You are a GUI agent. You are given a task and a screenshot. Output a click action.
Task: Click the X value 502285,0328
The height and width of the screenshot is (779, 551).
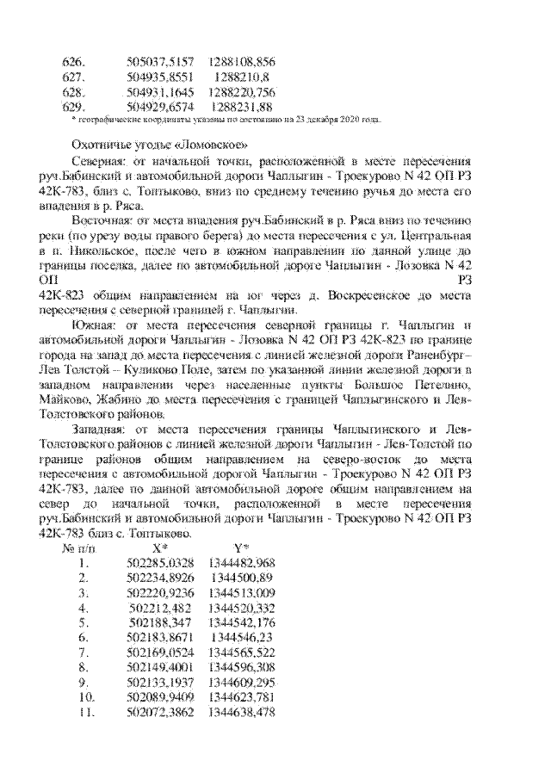coord(160,562)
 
